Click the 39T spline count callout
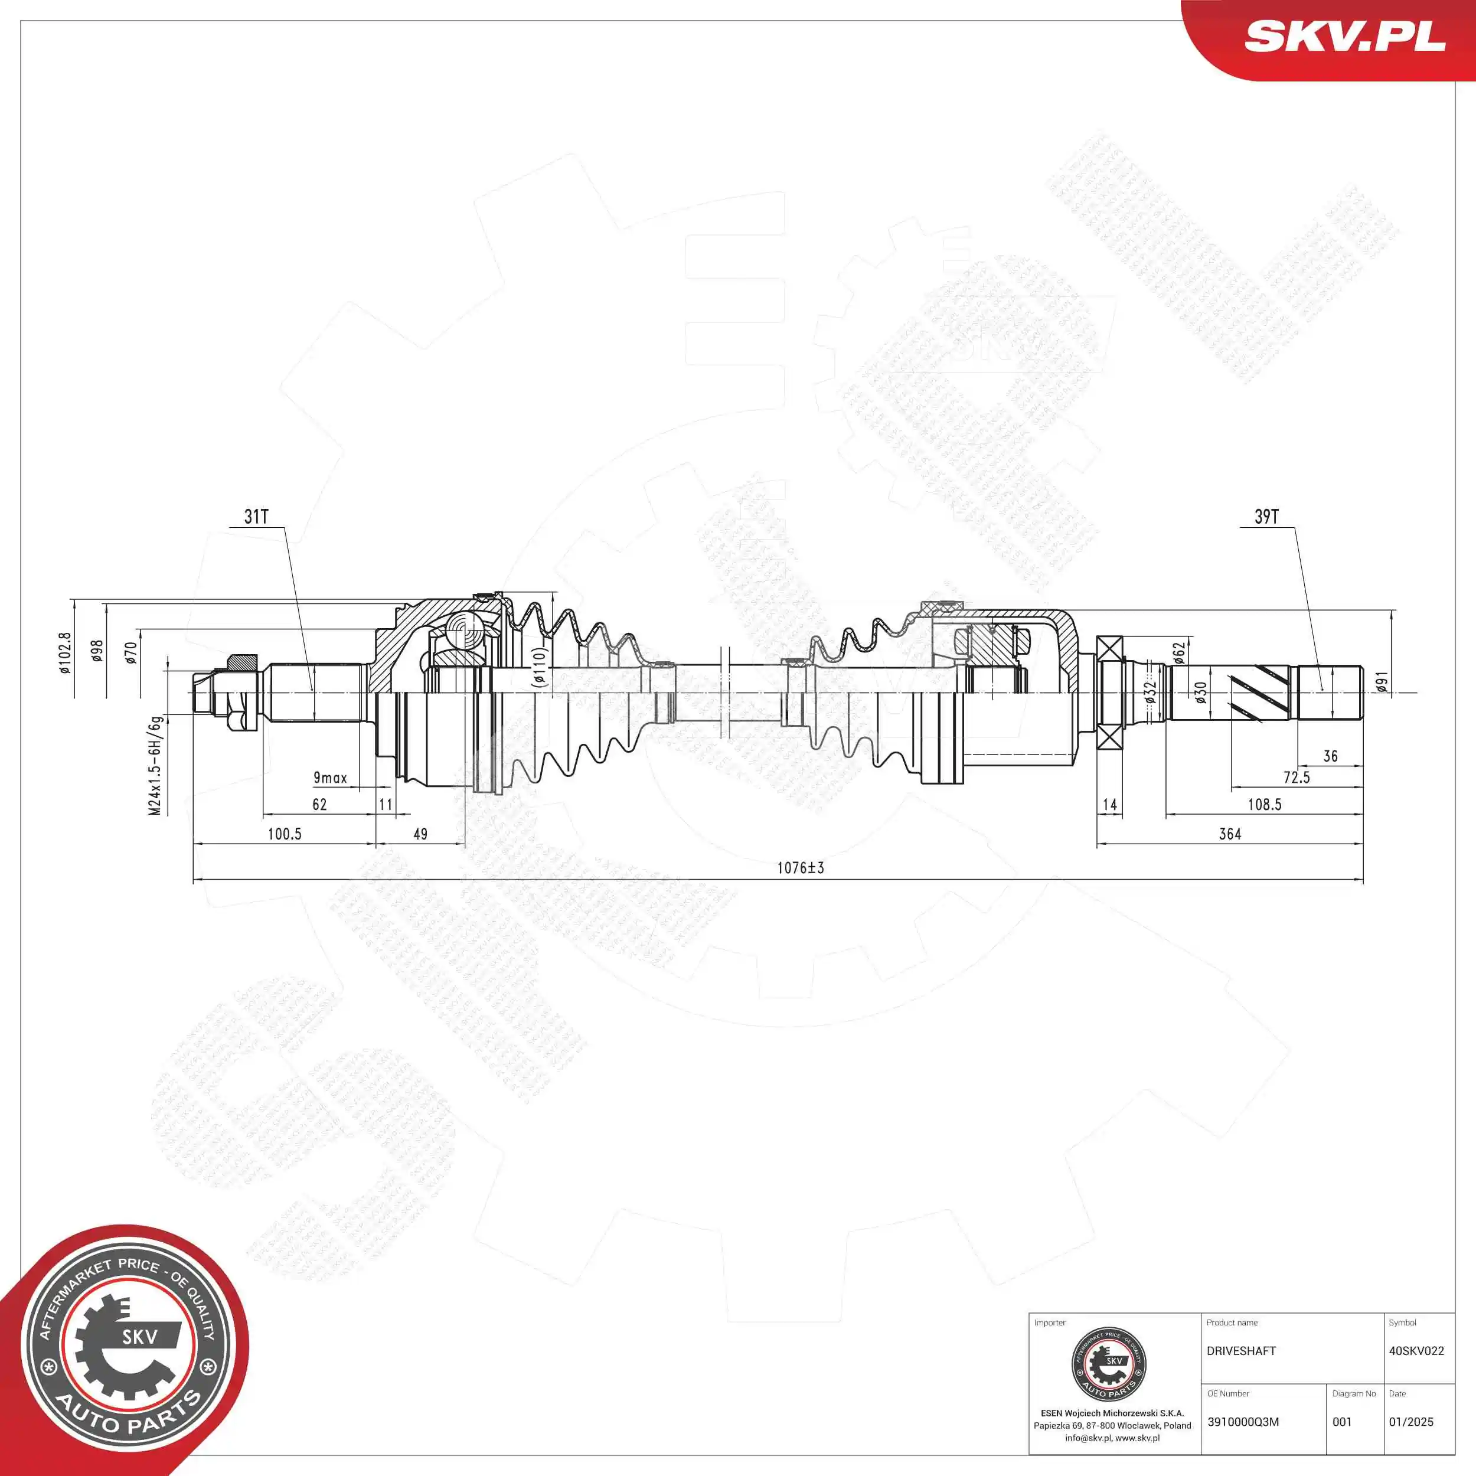(1266, 517)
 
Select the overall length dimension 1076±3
(800, 868)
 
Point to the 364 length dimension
(1230, 834)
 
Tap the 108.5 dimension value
(1265, 805)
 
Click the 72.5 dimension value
(1297, 778)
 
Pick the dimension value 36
(1330, 756)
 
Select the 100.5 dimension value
(284, 834)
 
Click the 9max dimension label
(330, 778)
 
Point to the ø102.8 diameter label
(65, 652)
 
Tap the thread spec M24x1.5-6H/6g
(155, 766)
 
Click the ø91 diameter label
(1382, 683)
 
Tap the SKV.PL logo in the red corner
(1344, 36)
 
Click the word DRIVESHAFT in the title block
(1240, 1351)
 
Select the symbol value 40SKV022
(1416, 1351)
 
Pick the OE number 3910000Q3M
(1242, 1422)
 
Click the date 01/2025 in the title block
(1410, 1422)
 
